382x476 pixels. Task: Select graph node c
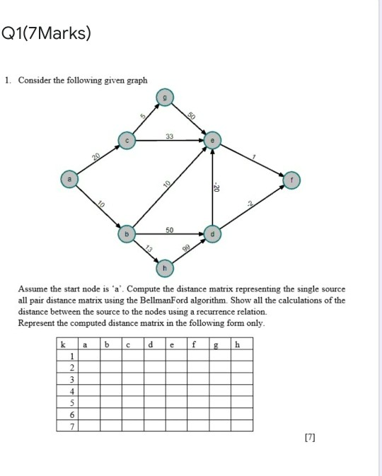pos(126,141)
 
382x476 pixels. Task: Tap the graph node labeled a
pos(69,180)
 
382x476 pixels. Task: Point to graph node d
pos(212,233)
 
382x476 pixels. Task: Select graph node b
pos(127,233)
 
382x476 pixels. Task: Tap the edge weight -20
pos(218,187)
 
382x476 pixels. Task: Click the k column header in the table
pos(64,344)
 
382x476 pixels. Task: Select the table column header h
pos(238,344)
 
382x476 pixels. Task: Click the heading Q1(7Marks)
pos(47,33)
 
